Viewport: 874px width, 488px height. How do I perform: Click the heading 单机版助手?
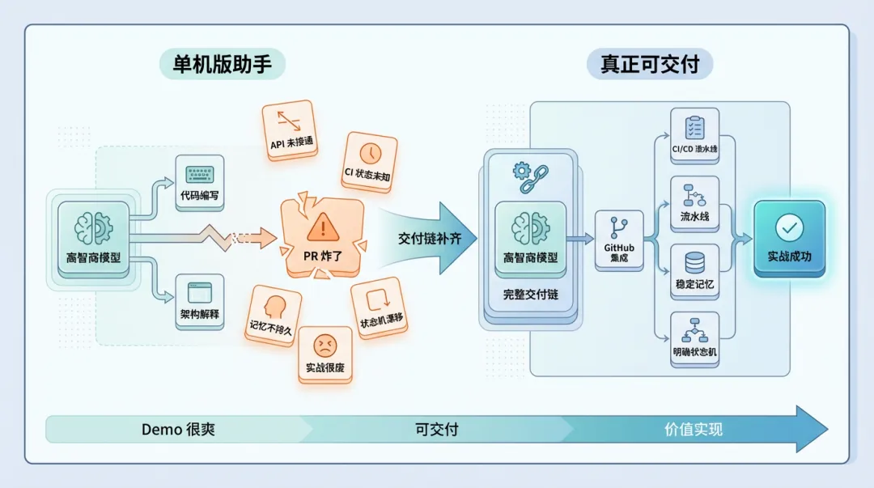tap(223, 63)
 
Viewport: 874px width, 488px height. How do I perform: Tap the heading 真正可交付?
tap(650, 63)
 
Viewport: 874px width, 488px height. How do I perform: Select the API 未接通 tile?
tap(288, 129)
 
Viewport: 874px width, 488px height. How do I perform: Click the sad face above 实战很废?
tap(324, 346)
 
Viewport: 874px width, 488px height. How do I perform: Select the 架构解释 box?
tap(199, 300)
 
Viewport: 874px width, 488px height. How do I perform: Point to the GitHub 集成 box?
tap(619, 239)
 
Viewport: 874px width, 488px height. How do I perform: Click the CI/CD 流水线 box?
tap(694, 137)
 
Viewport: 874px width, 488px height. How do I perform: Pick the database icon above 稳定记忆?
tap(694, 262)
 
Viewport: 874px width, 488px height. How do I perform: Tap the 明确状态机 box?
tap(694, 341)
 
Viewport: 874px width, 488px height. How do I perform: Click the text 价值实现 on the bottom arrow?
tap(694, 429)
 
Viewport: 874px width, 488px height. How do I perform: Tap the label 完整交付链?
tap(530, 295)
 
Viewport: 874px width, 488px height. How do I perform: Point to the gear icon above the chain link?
tap(522, 171)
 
